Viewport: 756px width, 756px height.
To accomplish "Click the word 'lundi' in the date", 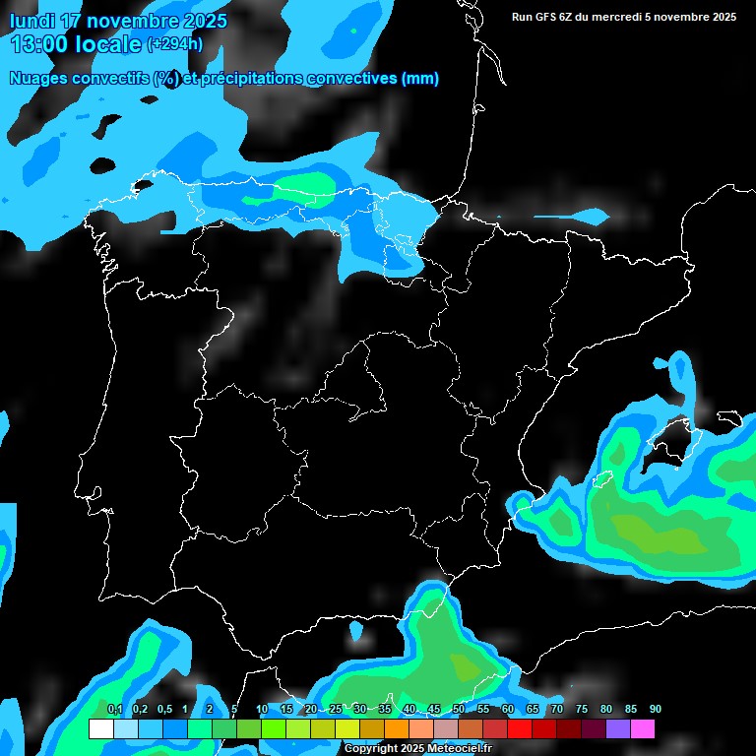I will point(33,21).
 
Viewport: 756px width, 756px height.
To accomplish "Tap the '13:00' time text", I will point(39,44).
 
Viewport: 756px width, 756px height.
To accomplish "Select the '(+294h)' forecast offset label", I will point(174,44).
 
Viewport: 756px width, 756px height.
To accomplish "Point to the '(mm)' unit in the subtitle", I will point(419,79).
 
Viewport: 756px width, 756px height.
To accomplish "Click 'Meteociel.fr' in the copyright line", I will point(459,748).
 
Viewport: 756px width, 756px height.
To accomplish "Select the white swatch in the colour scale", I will point(100,729).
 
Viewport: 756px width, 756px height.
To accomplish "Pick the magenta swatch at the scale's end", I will point(642,729).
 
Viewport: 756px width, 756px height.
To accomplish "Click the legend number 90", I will point(655,710).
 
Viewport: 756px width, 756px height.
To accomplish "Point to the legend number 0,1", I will point(114,710).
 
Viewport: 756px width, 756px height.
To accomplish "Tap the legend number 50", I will point(458,710).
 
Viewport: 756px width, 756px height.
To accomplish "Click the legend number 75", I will point(581,710).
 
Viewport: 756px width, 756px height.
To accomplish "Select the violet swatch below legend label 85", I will point(617,729).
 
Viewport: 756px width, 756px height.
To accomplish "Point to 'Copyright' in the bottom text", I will point(371,748).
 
